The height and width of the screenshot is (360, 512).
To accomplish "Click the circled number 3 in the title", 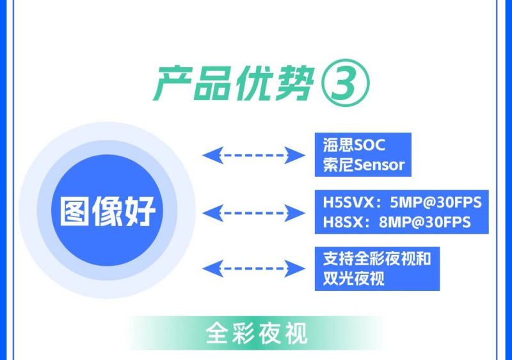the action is [x=346, y=83].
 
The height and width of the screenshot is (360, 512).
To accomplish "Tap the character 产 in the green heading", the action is [x=173, y=83].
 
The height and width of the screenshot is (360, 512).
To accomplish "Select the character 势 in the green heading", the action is [x=295, y=83].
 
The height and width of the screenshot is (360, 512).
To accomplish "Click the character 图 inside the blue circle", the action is [x=74, y=210].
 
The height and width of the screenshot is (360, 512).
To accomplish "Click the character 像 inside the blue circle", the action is [x=108, y=210].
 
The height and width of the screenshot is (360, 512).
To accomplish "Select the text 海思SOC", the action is [x=355, y=145].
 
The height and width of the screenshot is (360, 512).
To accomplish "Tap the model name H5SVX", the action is [x=348, y=202].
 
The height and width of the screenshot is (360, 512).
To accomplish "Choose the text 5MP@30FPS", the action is [x=436, y=202].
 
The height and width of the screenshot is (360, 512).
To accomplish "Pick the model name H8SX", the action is [x=343, y=222].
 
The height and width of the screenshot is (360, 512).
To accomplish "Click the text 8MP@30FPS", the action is [x=425, y=222].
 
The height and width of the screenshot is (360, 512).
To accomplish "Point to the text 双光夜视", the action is [x=354, y=279].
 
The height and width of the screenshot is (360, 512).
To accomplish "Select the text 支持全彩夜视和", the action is [x=377, y=259].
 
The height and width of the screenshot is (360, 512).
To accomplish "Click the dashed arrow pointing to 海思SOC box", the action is [x=253, y=155].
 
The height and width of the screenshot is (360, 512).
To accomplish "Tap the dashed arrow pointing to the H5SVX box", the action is [x=253, y=213].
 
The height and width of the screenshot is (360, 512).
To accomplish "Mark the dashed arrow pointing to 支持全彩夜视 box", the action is [x=253, y=268].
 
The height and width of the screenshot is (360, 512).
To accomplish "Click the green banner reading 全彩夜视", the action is [x=257, y=333].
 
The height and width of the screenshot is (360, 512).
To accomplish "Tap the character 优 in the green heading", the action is [x=255, y=83].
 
